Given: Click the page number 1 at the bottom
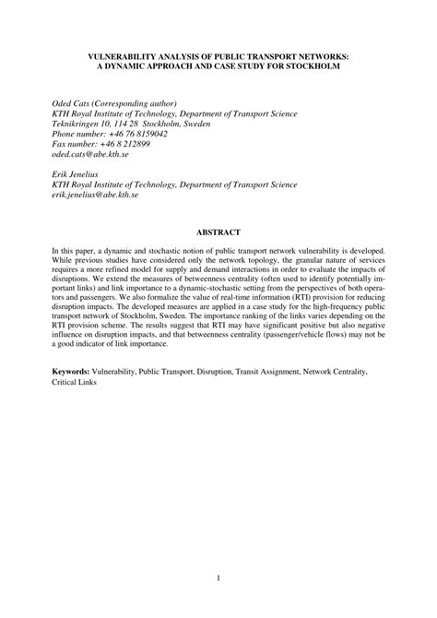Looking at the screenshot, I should click(x=218, y=579).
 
